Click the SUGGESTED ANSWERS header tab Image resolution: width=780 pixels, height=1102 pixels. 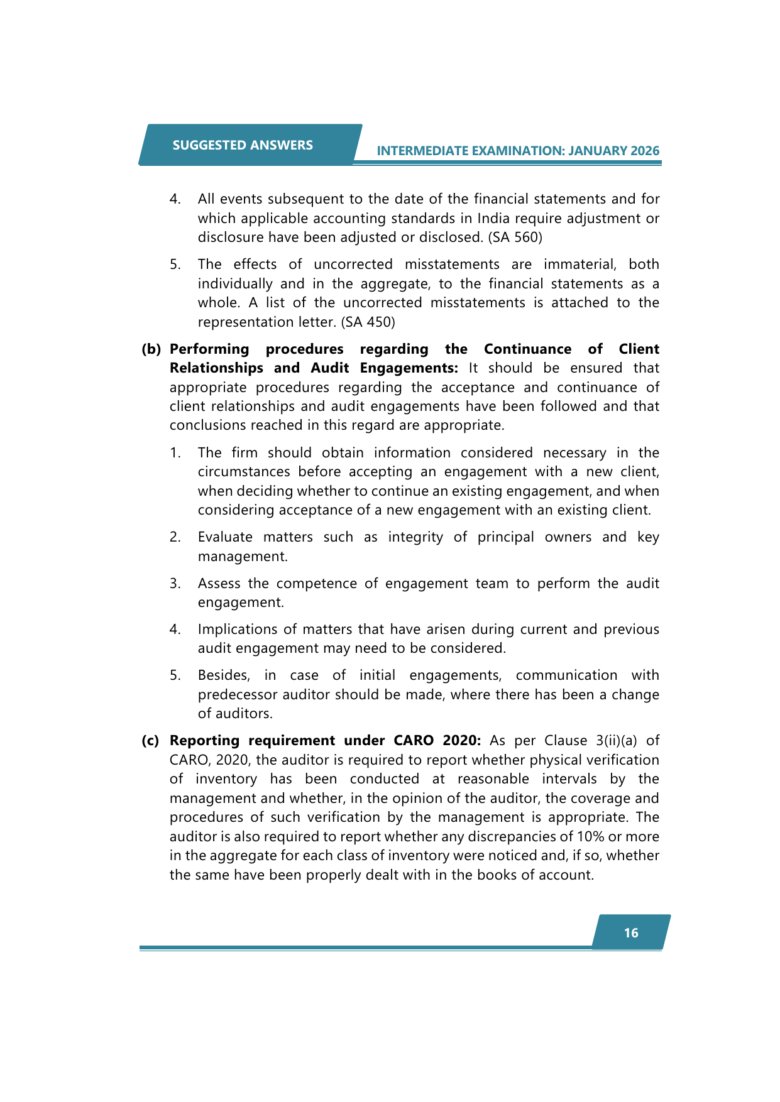(243, 145)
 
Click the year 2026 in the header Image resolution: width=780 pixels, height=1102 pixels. (645, 151)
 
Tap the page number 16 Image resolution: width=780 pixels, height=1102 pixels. (631, 933)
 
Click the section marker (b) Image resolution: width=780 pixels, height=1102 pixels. (151, 349)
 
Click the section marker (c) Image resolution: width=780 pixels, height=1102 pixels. (150, 741)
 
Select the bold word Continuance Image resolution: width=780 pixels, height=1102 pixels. (527, 349)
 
